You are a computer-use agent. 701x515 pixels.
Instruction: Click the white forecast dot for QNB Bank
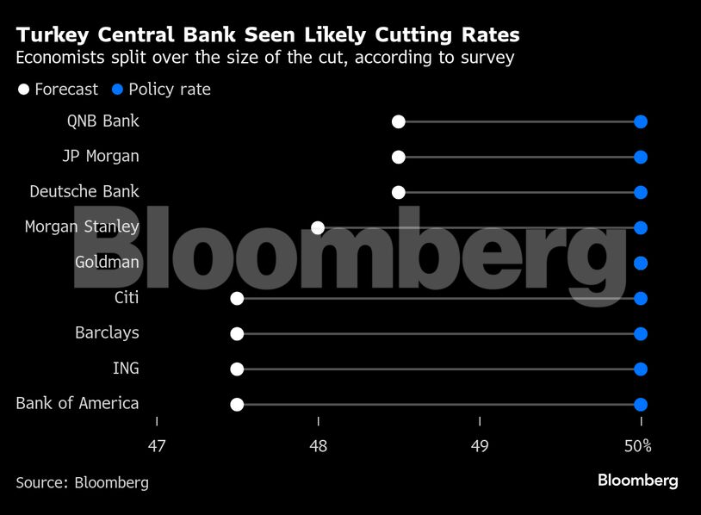[398, 121]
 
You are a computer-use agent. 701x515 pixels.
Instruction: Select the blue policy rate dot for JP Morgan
[640, 157]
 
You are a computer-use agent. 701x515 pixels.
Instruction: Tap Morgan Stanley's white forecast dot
[318, 227]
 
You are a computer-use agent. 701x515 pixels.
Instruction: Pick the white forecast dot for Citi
[237, 298]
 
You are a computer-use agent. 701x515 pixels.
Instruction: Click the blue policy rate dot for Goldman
[640, 263]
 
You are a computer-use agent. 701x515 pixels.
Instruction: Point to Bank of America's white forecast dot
[237, 404]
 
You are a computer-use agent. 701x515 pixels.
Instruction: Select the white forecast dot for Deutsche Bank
[398, 192]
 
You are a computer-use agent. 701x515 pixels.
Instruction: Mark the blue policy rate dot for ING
[640, 369]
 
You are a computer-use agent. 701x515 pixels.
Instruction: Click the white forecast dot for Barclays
[237, 333]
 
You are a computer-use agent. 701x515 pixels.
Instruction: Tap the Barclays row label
[107, 333]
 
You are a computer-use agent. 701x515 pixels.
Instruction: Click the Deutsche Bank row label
[84, 191]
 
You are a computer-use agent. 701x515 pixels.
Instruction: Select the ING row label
[126, 369]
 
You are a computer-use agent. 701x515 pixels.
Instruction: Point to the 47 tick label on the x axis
[157, 446]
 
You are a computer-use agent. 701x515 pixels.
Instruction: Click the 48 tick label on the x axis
[318, 446]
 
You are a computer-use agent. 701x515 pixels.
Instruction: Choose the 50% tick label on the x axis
[638, 446]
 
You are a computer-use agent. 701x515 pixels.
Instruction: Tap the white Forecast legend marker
[23, 90]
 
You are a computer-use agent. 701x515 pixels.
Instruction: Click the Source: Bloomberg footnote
[82, 482]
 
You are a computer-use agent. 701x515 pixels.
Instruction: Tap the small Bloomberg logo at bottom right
[637, 481]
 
